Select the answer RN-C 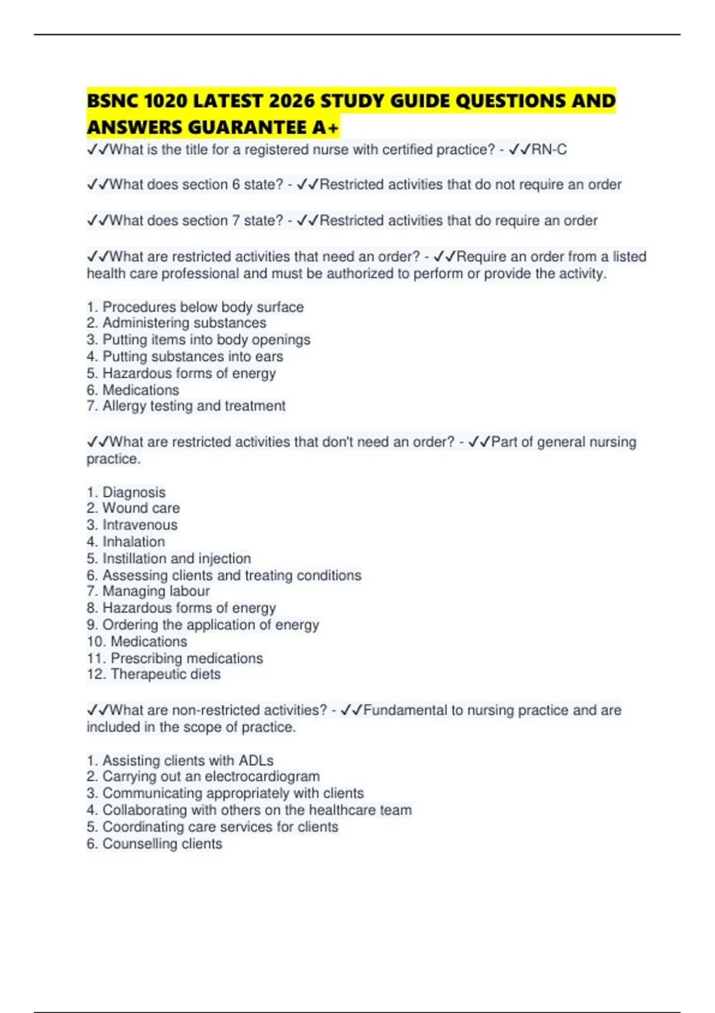click(549, 150)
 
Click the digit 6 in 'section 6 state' click(236, 185)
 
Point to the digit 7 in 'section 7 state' click(236, 220)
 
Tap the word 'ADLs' click(256, 761)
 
